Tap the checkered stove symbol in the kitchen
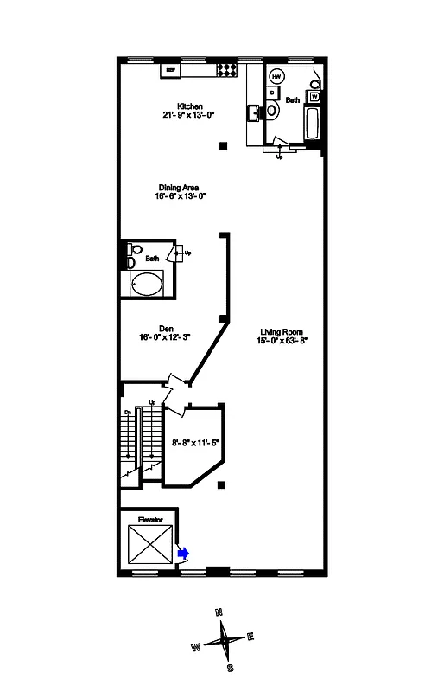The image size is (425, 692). (x=225, y=68)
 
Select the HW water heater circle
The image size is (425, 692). (x=277, y=74)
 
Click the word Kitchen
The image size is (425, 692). (x=190, y=106)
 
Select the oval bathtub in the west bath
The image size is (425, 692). (x=147, y=284)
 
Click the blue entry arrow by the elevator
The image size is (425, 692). (x=183, y=551)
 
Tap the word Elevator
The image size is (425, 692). (x=150, y=519)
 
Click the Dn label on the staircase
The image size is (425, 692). (x=127, y=412)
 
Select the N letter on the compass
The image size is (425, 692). (x=219, y=612)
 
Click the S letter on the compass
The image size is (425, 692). (x=230, y=667)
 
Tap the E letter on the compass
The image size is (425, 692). (x=251, y=637)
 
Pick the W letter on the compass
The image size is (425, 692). (x=196, y=645)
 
